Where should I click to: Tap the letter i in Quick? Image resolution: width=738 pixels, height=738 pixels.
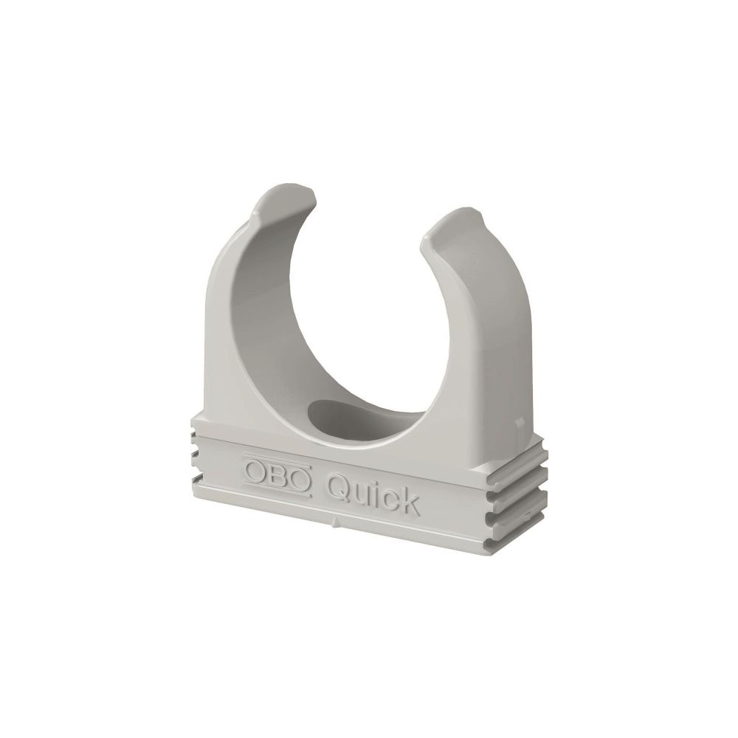376,494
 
